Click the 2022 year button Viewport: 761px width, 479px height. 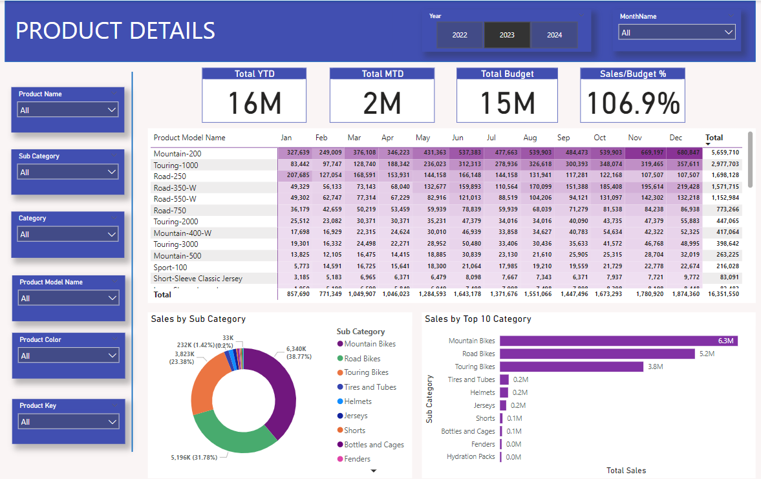pos(460,35)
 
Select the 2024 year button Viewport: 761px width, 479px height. pos(554,35)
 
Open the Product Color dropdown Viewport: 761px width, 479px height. pos(68,356)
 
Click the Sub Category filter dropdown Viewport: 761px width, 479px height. pos(68,173)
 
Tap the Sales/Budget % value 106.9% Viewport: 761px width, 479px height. pos(633,103)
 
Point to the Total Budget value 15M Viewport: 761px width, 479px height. pos(507,103)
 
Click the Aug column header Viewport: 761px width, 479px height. pos(530,138)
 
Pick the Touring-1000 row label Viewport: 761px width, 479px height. pos(176,165)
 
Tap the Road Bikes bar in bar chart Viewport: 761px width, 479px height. pos(597,354)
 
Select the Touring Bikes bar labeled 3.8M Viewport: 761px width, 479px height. pos(572,367)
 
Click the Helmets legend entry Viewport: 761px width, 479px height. pos(358,401)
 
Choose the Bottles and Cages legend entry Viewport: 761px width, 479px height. pos(374,445)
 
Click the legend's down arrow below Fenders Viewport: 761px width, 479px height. pos(373,471)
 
